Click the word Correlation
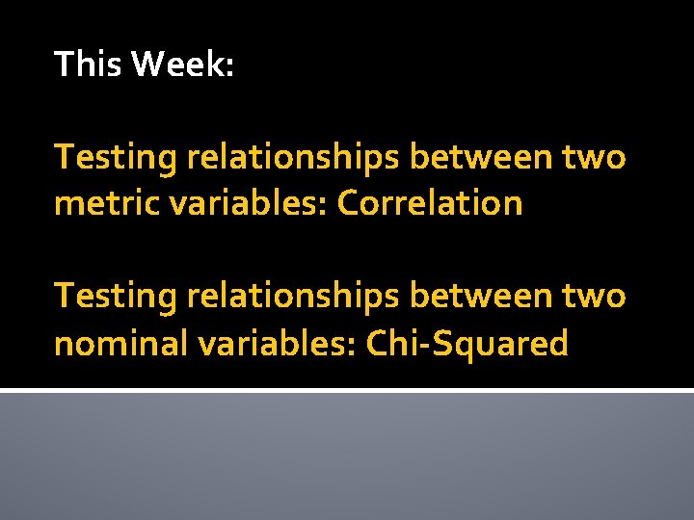pos(430,203)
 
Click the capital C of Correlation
pos(348,203)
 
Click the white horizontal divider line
pos(347,390)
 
